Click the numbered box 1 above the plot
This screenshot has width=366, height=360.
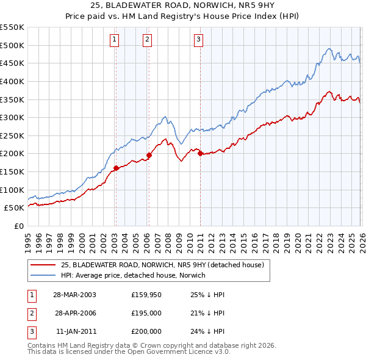(x=115, y=40)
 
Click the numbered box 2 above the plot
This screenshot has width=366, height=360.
(x=148, y=40)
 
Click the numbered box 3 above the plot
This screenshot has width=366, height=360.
(x=199, y=40)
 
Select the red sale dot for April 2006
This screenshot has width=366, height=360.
(x=149, y=155)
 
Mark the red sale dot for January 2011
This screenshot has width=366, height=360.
(x=200, y=153)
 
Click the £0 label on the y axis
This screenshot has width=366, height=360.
(x=18, y=226)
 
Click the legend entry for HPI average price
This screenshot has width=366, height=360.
(x=133, y=275)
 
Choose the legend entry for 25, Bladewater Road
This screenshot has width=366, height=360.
(x=162, y=265)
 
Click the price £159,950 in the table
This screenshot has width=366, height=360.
(x=146, y=294)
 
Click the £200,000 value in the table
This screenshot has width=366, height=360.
(x=146, y=332)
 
